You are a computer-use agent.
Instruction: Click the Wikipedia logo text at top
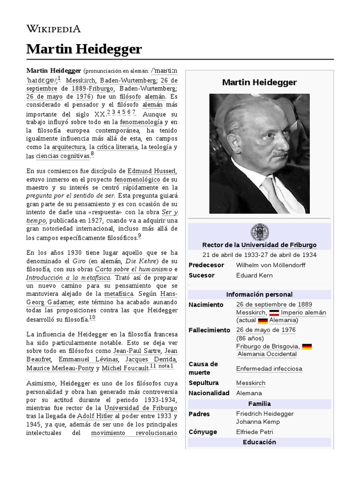(53, 29)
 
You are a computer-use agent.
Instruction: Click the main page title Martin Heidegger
(84, 49)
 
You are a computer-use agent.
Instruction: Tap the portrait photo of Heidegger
(259, 153)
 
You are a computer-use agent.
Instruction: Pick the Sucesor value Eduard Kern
(255, 275)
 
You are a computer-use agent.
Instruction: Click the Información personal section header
(259, 294)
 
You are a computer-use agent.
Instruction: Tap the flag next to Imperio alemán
(274, 313)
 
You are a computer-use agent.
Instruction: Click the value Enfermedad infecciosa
(269, 369)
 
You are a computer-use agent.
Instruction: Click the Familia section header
(259, 404)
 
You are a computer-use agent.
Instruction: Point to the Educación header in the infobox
(259, 442)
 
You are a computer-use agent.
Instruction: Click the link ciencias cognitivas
(62, 156)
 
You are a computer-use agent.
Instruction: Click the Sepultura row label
(203, 383)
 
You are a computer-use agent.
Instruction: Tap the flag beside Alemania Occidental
(307, 347)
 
